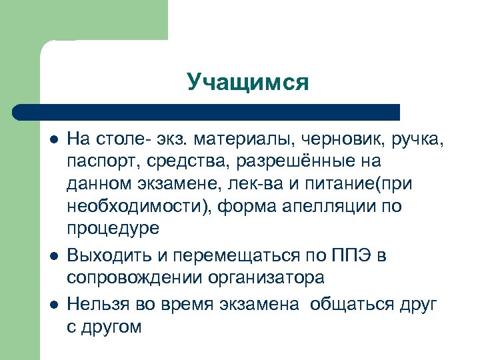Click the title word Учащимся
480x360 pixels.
click(248, 82)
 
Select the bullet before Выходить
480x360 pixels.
click(53, 257)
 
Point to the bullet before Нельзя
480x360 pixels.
click(53, 305)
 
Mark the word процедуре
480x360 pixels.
click(113, 228)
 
